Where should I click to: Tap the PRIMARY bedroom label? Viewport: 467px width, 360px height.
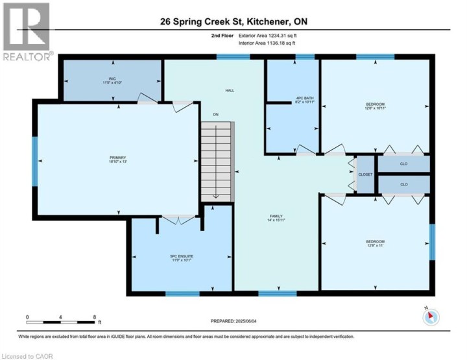click(117, 158)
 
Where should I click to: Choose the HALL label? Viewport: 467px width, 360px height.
click(229, 90)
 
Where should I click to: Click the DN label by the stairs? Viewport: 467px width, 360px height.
click(215, 114)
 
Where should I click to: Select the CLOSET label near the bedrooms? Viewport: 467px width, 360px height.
click(365, 174)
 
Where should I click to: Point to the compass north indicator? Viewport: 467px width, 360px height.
click(431, 317)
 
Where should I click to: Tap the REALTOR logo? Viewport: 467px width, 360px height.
click(27, 32)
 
